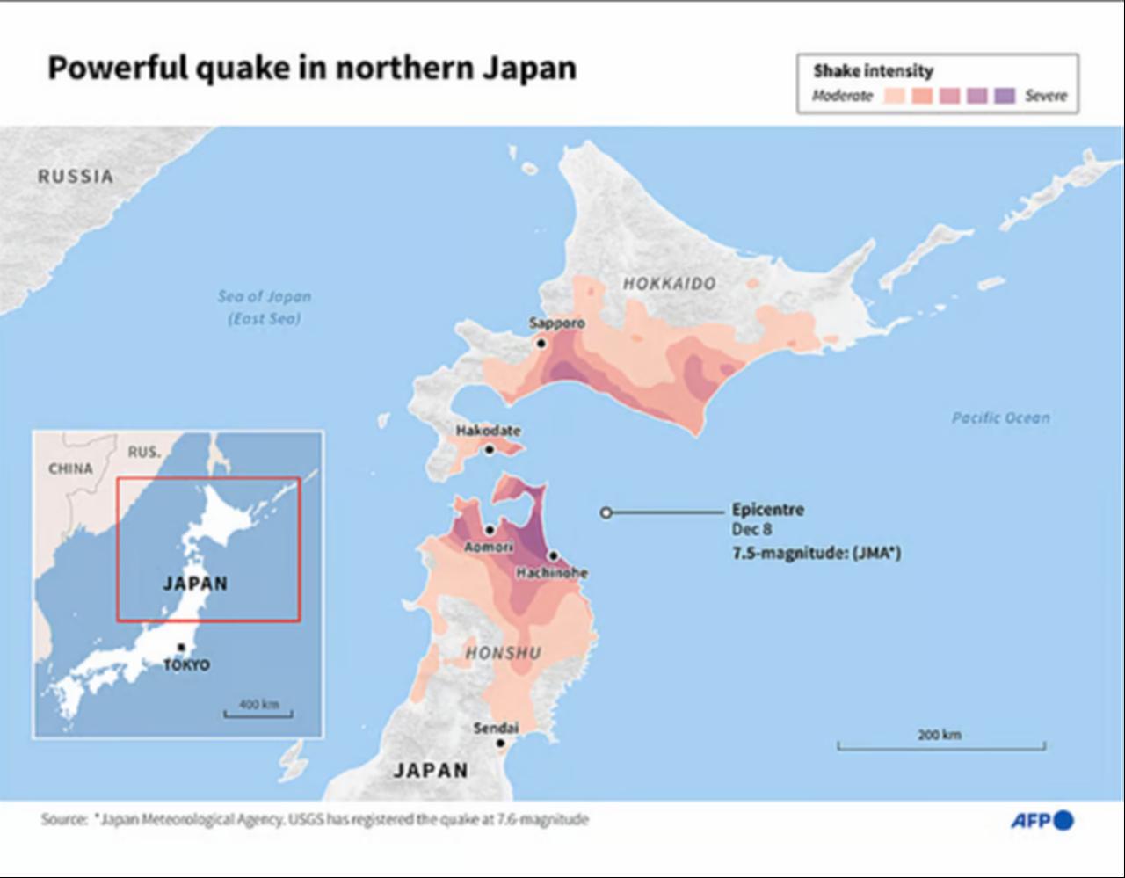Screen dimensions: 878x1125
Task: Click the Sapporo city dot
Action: [541, 344]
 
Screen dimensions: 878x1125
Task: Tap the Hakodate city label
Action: [488, 431]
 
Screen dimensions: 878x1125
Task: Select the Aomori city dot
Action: [490, 530]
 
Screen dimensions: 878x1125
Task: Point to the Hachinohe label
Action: [552, 572]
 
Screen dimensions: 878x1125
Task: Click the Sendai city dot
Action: [500, 743]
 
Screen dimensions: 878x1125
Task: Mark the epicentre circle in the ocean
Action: [606, 512]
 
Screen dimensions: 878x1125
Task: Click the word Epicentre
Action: [767, 510]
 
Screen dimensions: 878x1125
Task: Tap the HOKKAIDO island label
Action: [670, 283]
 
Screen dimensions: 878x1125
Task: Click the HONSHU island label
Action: [503, 653]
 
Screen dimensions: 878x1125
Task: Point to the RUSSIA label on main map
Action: [76, 177]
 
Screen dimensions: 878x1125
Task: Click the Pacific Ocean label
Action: [1000, 418]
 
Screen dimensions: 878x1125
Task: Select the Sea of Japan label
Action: [265, 307]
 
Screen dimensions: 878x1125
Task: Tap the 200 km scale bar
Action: [940, 745]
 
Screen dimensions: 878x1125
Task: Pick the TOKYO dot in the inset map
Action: [181, 648]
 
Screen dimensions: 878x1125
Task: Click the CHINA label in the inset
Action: [70, 468]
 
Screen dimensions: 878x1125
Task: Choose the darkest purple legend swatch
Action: [1005, 96]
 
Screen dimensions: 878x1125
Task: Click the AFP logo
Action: [1042, 820]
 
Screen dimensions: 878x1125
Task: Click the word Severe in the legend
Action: [1046, 96]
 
